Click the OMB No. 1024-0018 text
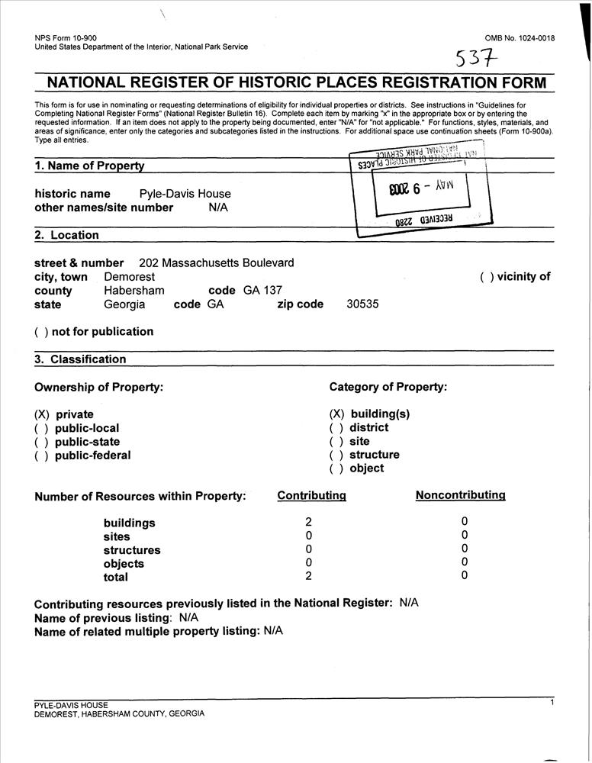tap(520, 38)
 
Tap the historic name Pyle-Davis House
tap(185, 194)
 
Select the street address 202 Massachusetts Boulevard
tap(217, 263)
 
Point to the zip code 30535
tap(362, 304)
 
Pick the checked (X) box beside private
tap(42, 414)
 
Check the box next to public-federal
tap(42, 456)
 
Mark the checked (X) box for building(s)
tap(337, 414)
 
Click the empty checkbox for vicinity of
tap(487, 277)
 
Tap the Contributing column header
tap(311, 496)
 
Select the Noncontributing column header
tap(460, 495)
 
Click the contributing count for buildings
tap(309, 523)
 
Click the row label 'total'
tap(116, 578)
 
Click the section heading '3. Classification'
tap(80, 359)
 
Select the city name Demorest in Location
tap(129, 277)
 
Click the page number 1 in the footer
tap(552, 702)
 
